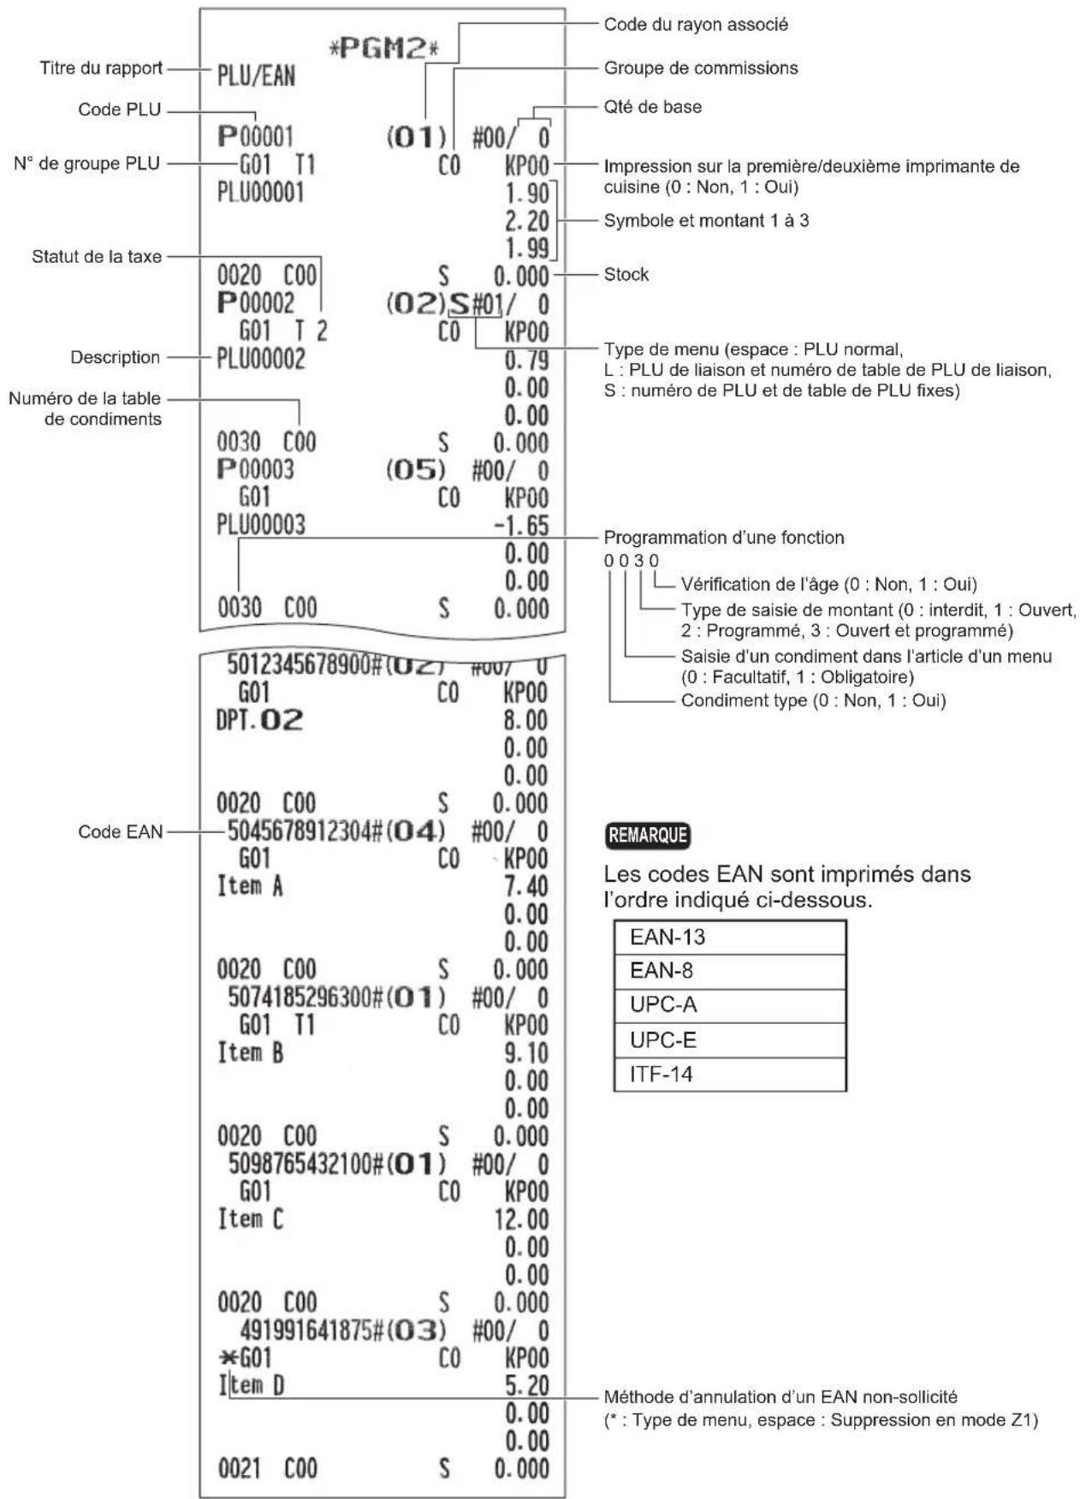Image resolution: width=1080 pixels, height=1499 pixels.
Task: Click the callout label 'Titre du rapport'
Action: [101, 68]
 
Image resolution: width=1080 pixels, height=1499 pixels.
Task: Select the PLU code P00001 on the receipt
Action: [255, 136]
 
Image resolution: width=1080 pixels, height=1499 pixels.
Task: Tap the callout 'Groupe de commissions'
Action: [700, 68]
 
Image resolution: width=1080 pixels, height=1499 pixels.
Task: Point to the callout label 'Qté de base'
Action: [652, 107]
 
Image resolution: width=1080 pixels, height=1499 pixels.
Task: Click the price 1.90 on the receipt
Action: [526, 193]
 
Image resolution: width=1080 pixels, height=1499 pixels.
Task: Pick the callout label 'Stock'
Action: [626, 275]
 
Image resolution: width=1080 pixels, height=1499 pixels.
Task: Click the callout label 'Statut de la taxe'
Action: [97, 256]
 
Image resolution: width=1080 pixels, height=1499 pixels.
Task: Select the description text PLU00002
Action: [260, 359]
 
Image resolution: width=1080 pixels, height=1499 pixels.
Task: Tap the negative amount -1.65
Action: [521, 525]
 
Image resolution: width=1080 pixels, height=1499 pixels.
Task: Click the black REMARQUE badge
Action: [648, 835]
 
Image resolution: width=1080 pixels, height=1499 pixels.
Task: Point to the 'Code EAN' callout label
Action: [120, 831]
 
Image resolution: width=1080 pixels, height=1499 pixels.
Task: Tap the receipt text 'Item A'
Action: [249, 886]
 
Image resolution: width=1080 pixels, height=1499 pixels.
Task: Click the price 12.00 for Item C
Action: [521, 1219]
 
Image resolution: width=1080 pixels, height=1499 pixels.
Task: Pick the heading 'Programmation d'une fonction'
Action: [723, 538]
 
